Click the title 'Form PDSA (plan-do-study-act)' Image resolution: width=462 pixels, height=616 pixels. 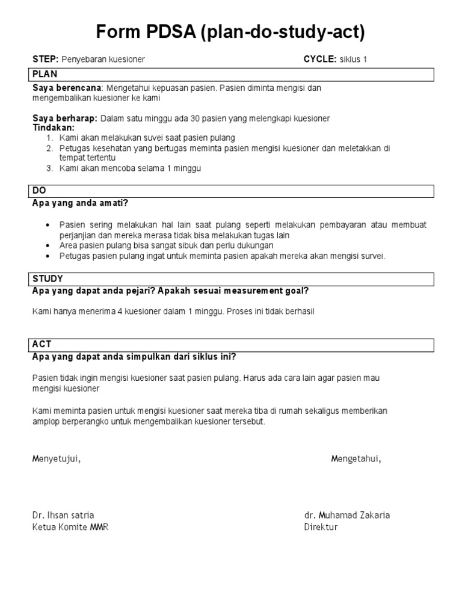coord(230,32)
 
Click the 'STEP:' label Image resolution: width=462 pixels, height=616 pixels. coord(45,60)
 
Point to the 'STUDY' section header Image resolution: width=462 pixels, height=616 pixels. coord(48,279)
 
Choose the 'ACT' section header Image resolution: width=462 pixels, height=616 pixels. coord(42,344)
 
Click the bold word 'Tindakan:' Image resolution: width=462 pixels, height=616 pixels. coord(54,128)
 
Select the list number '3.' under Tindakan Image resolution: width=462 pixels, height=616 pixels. coord(50,168)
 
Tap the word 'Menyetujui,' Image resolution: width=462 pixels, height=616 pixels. coord(56,460)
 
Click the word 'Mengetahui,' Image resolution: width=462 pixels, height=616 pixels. coord(356,460)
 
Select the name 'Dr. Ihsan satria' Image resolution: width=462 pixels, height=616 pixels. coord(63,516)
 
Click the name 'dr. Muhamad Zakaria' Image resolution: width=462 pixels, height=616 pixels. coord(347,516)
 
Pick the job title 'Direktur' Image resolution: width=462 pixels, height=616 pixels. coord(321,527)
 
